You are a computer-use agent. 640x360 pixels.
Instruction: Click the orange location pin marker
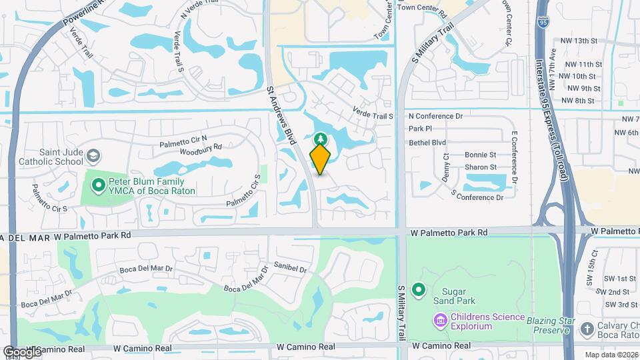click(320, 159)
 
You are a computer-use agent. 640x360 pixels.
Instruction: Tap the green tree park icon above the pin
click(320, 139)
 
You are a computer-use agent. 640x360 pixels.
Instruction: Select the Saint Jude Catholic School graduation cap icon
click(93, 155)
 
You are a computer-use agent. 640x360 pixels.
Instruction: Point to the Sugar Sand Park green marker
click(419, 289)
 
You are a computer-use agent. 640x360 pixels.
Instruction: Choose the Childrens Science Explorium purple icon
click(440, 321)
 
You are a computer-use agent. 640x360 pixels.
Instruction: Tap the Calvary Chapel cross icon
click(587, 329)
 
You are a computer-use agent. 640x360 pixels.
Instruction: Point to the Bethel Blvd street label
click(427, 142)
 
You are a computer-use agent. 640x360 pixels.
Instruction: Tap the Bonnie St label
click(481, 155)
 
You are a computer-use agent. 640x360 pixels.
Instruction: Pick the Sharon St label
click(481, 167)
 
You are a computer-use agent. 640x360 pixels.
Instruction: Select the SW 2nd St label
click(613, 292)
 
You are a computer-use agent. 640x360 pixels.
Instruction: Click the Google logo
click(21, 351)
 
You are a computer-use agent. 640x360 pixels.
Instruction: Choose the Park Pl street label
click(421, 129)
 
